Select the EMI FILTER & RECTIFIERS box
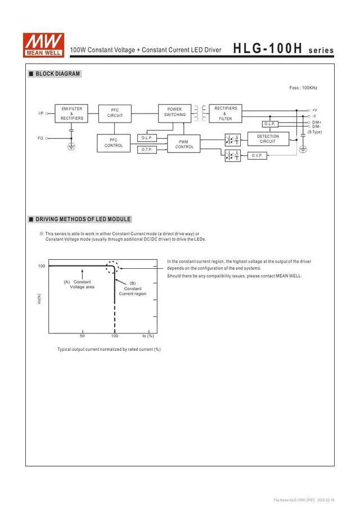point(71,114)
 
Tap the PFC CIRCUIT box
point(115,112)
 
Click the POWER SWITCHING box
point(175,112)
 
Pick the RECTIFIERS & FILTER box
point(226,113)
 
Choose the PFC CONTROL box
point(114,142)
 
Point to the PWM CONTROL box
point(184,144)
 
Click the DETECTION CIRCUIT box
point(268,139)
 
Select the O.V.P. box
point(257,155)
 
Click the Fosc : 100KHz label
point(303,88)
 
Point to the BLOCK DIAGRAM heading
point(57,74)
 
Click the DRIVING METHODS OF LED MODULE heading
point(83,219)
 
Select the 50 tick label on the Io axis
point(82,336)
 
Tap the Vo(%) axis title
point(39,300)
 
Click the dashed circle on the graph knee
point(114,268)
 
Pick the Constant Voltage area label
point(81,285)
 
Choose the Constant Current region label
point(133,289)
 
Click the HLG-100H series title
point(283,49)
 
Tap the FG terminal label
point(40,138)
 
